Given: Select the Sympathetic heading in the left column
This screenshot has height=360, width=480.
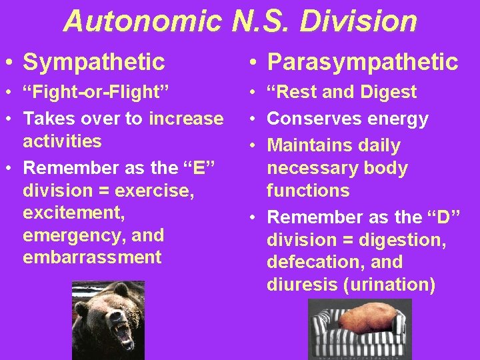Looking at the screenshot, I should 93,62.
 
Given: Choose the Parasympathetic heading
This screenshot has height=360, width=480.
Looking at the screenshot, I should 362,62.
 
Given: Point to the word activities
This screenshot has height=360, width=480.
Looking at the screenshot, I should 62,141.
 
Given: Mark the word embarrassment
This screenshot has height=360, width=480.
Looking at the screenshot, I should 92,258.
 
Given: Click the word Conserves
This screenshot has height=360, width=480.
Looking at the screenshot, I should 314,119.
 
